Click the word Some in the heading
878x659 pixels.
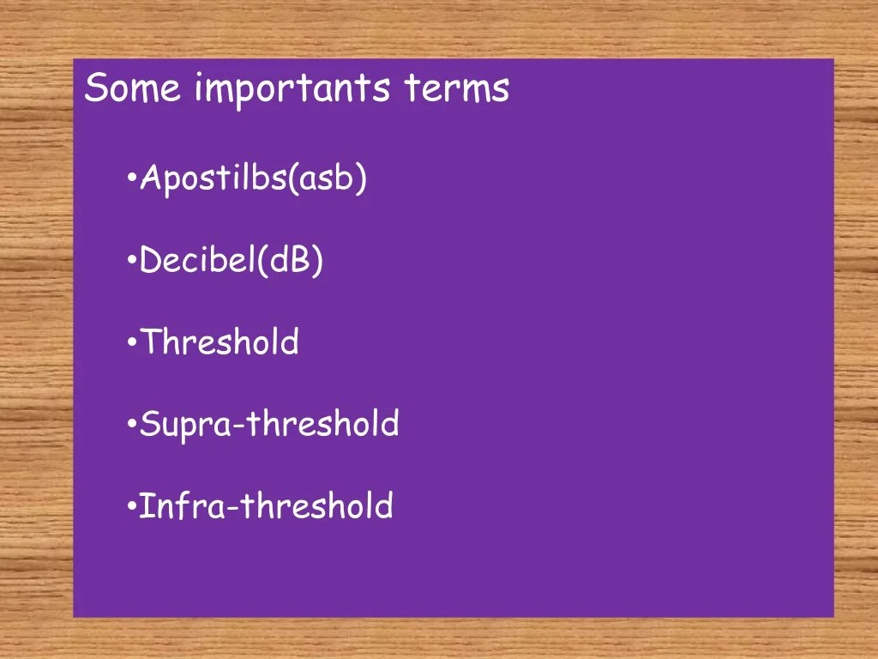coord(133,88)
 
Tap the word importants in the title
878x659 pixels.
coord(292,90)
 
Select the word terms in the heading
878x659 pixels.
coord(456,88)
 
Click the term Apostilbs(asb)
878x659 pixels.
coord(253,178)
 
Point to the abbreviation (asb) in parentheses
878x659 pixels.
coord(328,178)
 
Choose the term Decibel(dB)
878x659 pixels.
coord(231,261)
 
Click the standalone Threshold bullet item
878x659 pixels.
coord(219,342)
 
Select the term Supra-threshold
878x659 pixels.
coord(268,425)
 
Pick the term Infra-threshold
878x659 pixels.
coord(266,505)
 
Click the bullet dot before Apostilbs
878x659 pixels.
coord(132,178)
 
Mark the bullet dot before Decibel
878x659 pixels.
coord(132,261)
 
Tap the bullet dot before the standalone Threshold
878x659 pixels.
coord(132,342)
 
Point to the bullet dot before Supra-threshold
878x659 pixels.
coord(132,424)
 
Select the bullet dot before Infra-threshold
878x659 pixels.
coord(132,506)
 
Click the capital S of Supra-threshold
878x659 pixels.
coord(148,424)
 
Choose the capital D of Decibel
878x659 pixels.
coord(150,261)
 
